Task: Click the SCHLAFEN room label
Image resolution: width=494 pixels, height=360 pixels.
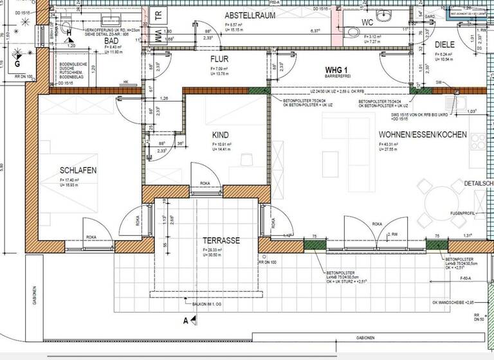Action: [78, 170]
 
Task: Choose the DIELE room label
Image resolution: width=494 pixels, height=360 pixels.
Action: [445, 44]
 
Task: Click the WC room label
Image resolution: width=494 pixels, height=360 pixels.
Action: [367, 22]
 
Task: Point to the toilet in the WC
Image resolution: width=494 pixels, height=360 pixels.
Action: [351, 34]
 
